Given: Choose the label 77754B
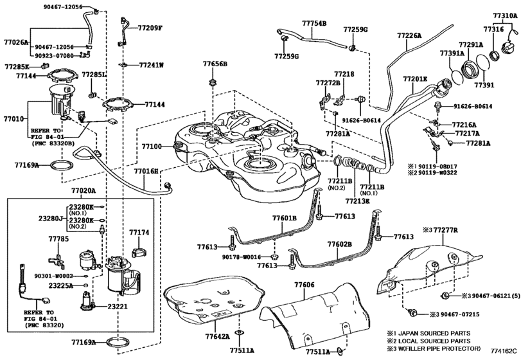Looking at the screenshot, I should click(315, 23).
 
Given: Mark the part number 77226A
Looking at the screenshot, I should click(409, 37).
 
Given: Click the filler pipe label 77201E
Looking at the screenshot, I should click(415, 78).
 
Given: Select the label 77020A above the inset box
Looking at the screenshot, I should click(83, 191).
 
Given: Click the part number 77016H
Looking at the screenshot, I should click(146, 172).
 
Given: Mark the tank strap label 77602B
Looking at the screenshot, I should click(339, 244).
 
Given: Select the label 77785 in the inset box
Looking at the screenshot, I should click(58, 239).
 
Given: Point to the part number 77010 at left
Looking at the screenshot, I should click(13, 119).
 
